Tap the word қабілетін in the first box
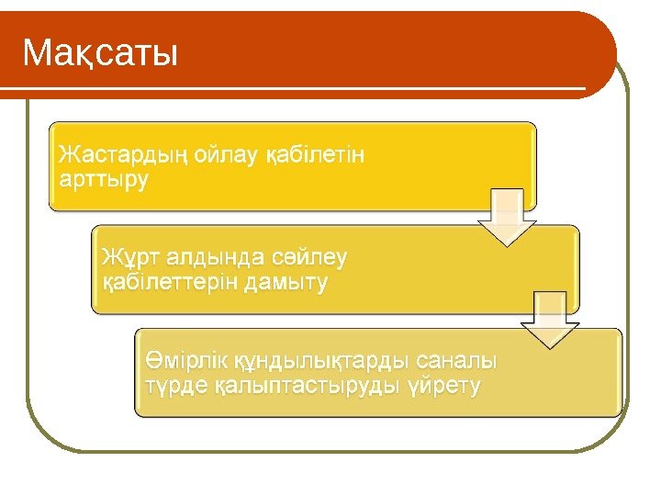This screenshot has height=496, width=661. click(314, 154)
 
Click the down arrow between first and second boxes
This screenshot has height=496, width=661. click(506, 218)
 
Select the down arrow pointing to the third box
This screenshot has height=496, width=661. click(551, 321)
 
